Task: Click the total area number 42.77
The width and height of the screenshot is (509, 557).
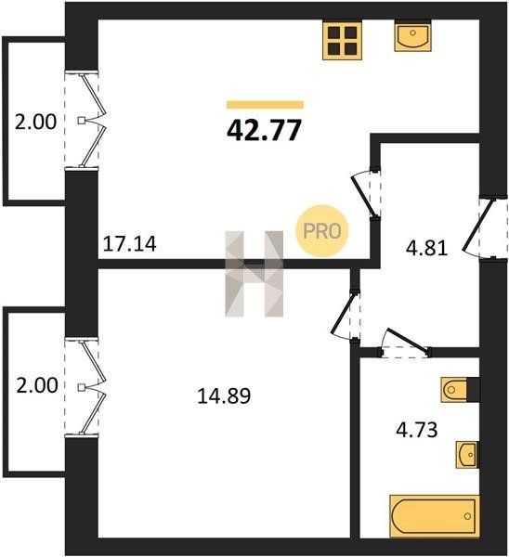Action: click(264, 130)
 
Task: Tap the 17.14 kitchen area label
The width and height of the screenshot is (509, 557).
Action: click(129, 244)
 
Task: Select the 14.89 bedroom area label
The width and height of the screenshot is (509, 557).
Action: click(224, 396)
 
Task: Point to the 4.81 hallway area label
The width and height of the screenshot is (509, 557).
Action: click(426, 248)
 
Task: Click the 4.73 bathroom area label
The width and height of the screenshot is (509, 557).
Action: click(417, 430)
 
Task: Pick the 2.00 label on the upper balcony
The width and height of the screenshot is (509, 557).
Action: click(35, 122)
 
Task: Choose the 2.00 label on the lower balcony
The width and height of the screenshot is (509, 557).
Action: click(37, 385)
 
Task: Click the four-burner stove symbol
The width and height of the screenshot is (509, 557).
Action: click(343, 40)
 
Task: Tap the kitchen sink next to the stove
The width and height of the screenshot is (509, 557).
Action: click(412, 35)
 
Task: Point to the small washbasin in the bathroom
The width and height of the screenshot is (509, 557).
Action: click(466, 455)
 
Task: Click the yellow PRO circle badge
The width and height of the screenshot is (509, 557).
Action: click(322, 231)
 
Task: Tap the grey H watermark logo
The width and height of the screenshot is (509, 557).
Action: click(254, 274)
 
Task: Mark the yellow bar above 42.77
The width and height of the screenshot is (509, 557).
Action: click(265, 104)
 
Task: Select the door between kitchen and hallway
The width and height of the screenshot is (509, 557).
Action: click(367, 194)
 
